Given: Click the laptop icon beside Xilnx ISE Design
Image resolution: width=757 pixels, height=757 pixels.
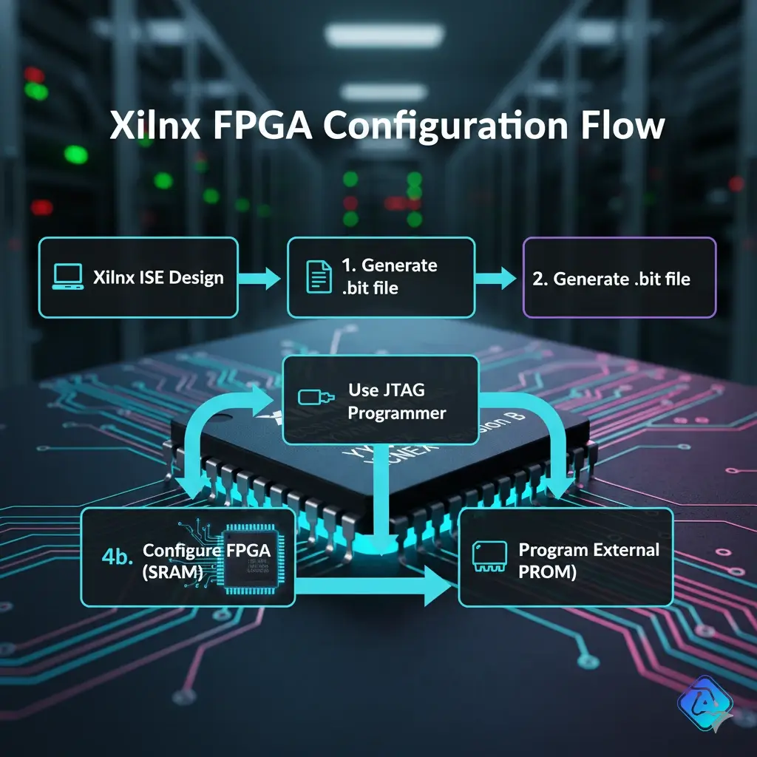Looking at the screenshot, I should point(67,277).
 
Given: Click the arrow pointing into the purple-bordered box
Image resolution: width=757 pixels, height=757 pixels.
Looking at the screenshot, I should point(497,278).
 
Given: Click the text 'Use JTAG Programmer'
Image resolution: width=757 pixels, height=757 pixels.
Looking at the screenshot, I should point(396,401).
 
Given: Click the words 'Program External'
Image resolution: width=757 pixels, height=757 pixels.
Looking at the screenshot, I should point(588,550).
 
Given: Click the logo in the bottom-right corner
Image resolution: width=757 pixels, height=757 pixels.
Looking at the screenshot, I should point(704,704).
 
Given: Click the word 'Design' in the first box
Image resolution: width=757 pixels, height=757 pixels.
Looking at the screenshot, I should point(195,278).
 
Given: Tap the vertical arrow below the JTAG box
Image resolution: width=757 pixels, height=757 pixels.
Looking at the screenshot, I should point(381,503).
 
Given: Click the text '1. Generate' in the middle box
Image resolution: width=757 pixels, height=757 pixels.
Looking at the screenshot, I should point(390,265).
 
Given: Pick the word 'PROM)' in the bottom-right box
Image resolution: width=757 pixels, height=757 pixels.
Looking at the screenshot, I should point(548,571).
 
